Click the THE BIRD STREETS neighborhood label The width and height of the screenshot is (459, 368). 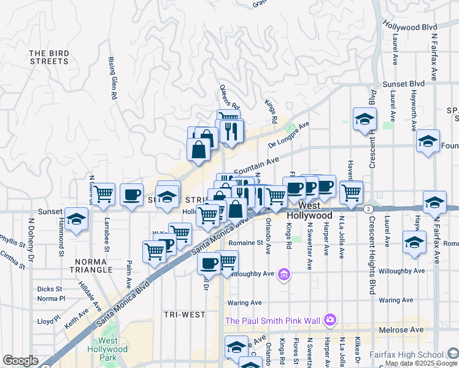(48, 57)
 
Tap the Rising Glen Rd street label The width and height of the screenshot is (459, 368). (113, 79)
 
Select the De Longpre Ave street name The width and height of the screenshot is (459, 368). (289, 134)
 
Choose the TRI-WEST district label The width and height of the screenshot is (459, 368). (185, 315)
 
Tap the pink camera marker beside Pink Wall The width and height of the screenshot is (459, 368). (330, 319)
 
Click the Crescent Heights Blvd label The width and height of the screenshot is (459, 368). (372, 129)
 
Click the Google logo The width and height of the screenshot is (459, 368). (20, 361)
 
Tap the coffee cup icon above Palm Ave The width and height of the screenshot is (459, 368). (131, 194)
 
